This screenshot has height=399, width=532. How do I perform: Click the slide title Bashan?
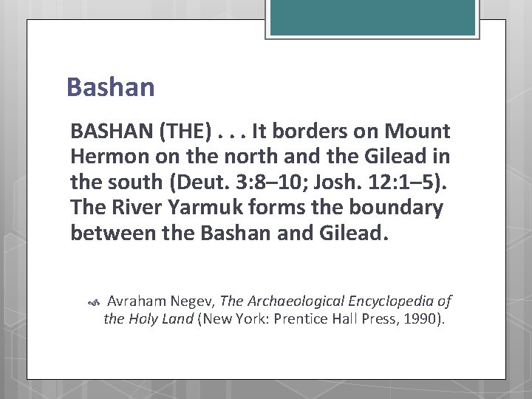110,87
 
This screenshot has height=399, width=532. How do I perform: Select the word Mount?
417,132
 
